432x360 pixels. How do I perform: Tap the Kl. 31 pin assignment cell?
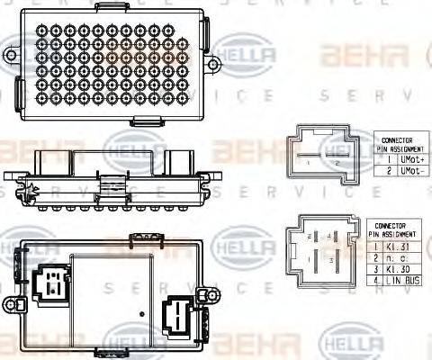click(403, 246)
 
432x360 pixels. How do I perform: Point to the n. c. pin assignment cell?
click(403, 257)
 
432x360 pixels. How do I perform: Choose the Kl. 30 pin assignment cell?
click(403, 269)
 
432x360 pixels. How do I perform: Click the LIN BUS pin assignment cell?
click(403, 281)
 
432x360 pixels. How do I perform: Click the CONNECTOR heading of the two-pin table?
click(397, 140)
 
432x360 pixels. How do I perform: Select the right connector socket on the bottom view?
click(176, 317)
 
